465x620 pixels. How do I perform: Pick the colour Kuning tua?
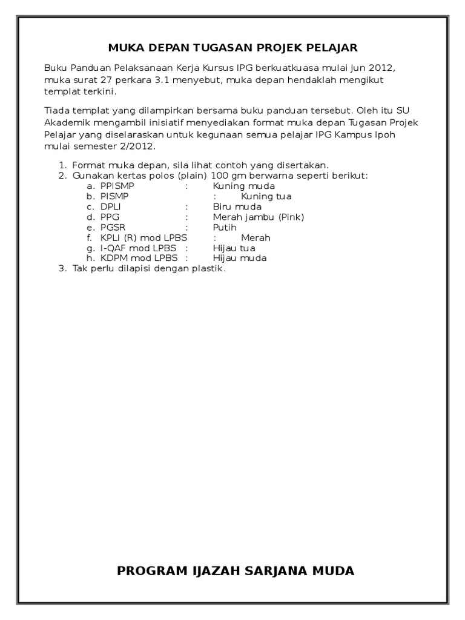266,196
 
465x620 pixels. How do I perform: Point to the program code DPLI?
111,206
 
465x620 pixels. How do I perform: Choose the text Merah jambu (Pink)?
258,217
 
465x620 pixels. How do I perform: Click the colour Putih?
225,227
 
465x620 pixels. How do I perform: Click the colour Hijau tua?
234,248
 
